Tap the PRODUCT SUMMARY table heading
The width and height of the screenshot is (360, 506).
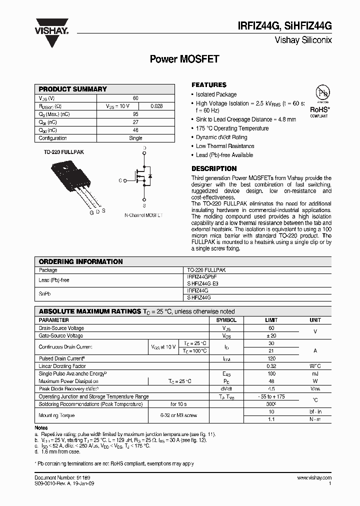click(x=72, y=89)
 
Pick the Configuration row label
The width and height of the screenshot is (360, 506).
click(x=52, y=138)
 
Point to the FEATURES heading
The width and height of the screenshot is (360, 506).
click(x=209, y=85)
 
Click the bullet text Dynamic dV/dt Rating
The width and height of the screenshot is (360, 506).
click(x=221, y=137)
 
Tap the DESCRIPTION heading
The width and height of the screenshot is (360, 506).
click(x=214, y=169)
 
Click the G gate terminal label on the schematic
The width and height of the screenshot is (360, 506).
click(x=120, y=180)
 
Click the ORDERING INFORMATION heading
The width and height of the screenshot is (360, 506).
click(x=80, y=261)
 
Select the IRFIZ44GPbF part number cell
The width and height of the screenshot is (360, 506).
click(x=202, y=276)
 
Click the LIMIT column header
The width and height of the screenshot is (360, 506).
click(x=271, y=320)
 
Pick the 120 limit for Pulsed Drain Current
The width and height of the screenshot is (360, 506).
click(x=271, y=358)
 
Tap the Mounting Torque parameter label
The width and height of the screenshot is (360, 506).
click(x=56, y=415)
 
